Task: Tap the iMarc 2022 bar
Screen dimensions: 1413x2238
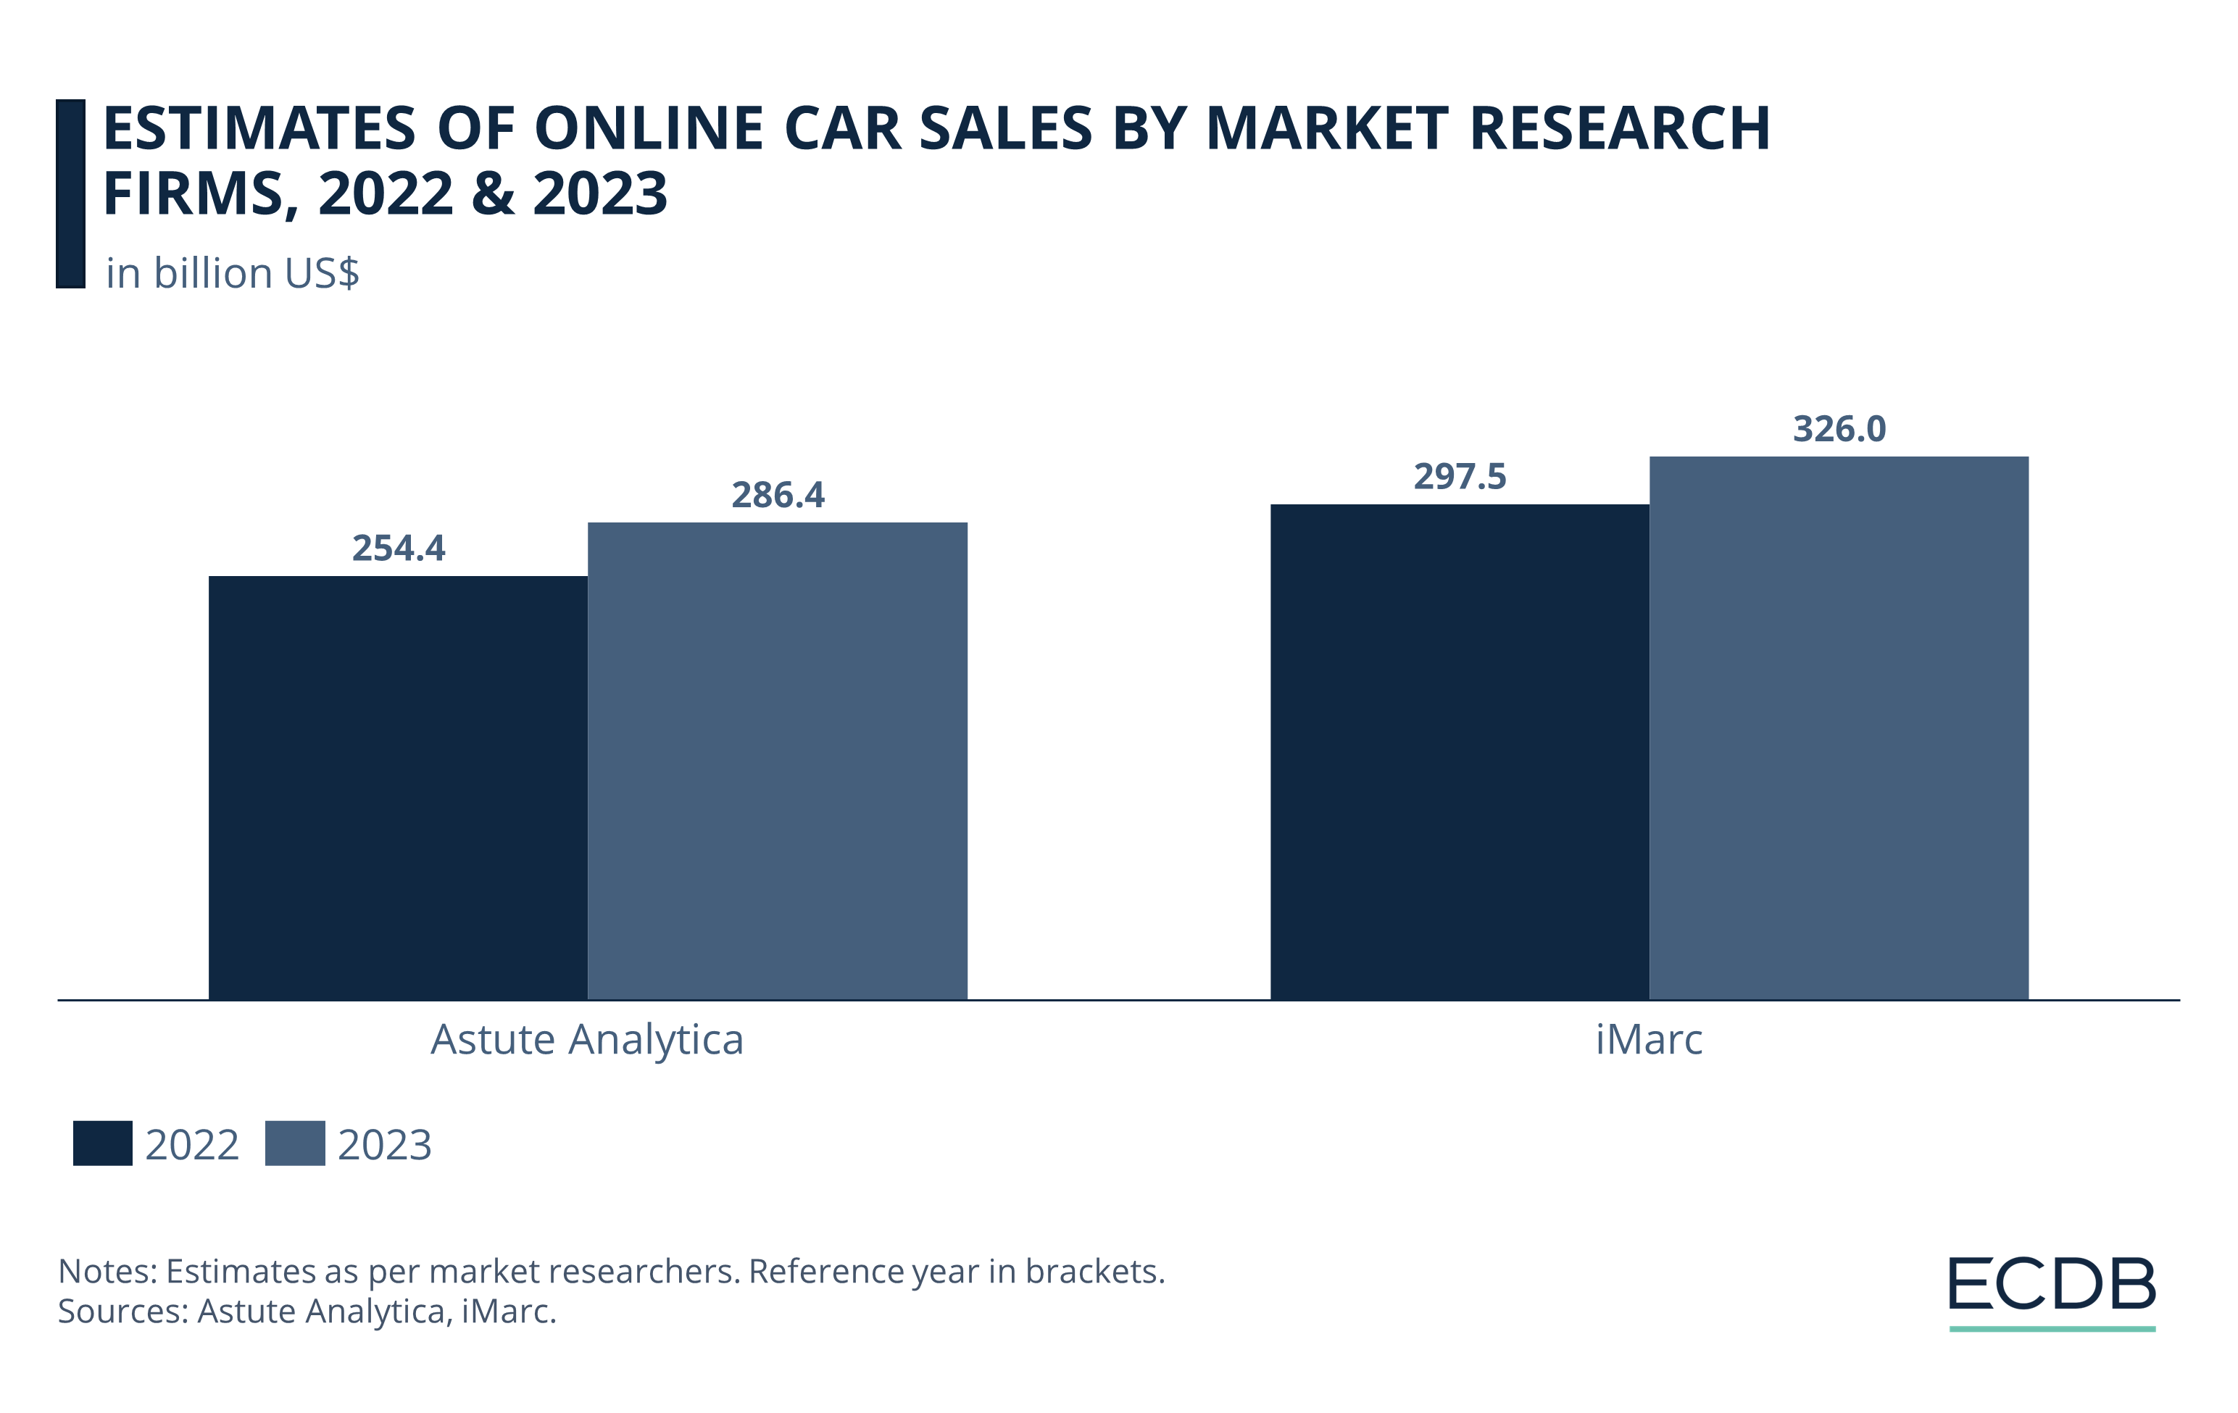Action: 1459,751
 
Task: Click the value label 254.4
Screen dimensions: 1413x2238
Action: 398,548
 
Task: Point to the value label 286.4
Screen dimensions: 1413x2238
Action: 777,495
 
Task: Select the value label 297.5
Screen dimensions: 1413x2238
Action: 1459,477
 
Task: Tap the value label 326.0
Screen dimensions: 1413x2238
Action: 1839,429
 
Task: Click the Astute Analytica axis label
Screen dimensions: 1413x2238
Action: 586,1040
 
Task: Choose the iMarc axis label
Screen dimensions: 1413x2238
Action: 1649,1040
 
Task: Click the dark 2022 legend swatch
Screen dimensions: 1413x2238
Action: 102,1143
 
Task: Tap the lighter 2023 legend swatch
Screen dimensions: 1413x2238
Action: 295,1143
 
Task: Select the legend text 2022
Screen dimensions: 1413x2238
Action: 191,1144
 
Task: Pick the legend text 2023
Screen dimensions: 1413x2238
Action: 384,1144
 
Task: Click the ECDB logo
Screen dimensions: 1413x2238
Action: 2051,1291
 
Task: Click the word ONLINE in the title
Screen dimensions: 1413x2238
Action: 649,128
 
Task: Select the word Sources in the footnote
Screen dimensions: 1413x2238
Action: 122,1311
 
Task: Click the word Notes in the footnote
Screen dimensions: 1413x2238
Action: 106,1271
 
